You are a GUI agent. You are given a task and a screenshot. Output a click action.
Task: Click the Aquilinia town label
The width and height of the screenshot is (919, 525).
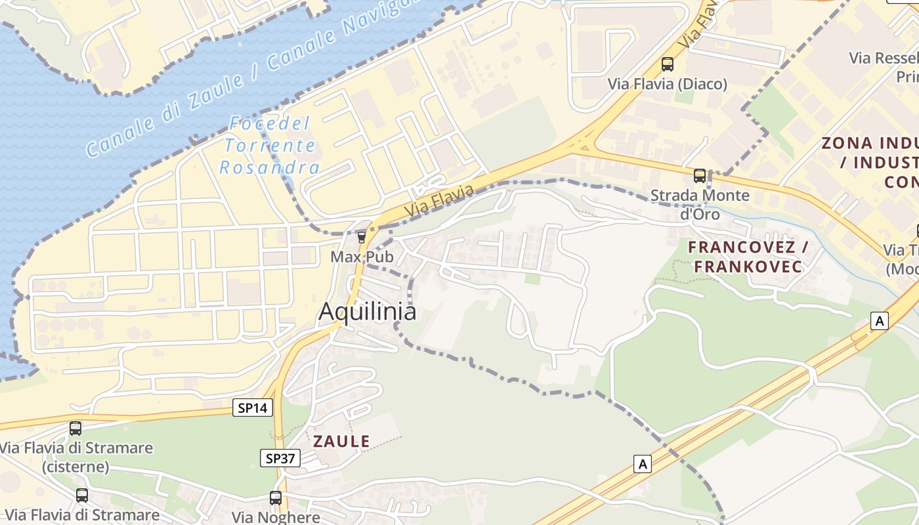point(367,312)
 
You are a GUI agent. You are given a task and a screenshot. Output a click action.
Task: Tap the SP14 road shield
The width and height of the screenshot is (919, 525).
point(253,408)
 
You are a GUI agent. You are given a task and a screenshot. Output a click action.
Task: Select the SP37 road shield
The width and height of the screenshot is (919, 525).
point(280,457)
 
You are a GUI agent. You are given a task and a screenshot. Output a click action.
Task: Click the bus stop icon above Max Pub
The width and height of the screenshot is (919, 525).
point(361,237)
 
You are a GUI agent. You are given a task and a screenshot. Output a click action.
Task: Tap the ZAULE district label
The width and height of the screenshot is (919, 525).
point(341,441)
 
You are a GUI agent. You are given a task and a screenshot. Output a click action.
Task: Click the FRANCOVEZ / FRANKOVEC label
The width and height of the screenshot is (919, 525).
point(748,257)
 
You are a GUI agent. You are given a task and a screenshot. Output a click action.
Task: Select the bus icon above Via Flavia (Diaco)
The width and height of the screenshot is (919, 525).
point(668,64)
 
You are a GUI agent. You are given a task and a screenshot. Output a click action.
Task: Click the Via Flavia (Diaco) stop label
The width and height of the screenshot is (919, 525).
point(668,84)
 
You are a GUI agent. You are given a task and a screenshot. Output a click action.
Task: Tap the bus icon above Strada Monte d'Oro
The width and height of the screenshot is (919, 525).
point(700,176)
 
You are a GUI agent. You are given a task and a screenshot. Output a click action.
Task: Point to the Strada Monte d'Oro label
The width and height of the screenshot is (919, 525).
point(700,205)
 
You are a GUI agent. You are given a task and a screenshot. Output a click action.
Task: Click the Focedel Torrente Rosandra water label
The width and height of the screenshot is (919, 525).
point(269,146)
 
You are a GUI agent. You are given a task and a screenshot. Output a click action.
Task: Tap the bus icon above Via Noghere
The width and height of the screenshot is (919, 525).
point(276,498)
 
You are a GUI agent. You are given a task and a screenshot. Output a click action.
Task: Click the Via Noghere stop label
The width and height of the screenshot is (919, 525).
point(276,516)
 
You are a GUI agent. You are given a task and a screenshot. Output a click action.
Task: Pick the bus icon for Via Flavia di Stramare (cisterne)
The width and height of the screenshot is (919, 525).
point(75,429)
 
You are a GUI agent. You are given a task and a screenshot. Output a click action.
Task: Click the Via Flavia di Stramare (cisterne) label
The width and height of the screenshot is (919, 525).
point(76,457)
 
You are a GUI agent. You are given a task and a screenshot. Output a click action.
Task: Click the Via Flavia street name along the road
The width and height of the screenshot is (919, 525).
point(438,201)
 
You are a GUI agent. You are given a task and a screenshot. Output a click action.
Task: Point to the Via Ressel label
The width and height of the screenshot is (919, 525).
point(884,58)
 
